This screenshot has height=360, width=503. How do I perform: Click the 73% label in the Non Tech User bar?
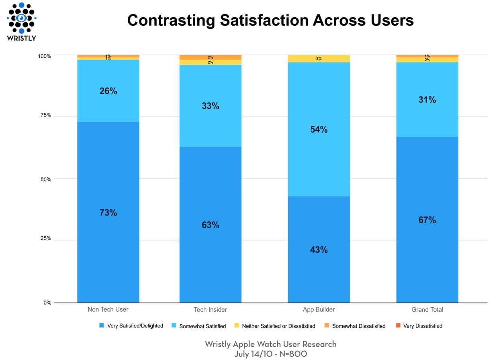[x=108, y=213]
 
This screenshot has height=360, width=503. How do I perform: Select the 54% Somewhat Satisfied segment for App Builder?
[x=319, y=129]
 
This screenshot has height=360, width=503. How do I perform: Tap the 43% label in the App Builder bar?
[x=319, y=250]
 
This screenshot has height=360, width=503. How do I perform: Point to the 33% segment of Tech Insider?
[x=210, y=106]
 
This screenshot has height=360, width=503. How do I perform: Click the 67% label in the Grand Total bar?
[x=427, y=220]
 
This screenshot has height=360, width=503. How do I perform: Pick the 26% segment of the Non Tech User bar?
[x=108, y=91]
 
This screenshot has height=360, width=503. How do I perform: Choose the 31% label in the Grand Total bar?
[x=427, y=100]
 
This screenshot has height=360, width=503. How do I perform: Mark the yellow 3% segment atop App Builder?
[x=319, y=59]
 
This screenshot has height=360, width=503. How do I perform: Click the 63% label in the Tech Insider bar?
[x=210, y=225]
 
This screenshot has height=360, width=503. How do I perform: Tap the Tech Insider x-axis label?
[x=210, y=310]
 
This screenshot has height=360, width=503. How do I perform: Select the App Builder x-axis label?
[x=319, y=310]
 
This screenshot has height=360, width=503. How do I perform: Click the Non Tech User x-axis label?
[x=108, y=310]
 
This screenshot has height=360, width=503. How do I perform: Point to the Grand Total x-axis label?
[x=427, y=310]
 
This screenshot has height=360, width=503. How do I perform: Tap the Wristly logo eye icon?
[x=21, y=18]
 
